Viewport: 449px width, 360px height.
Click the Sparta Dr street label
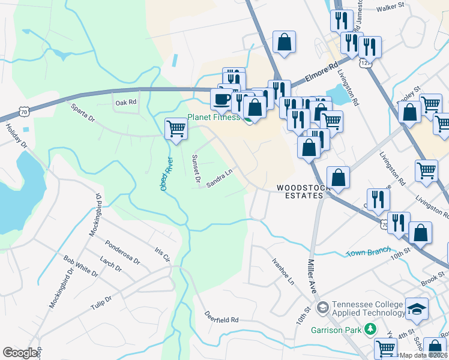click(x=83, y=114)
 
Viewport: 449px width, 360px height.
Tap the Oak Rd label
click(x=125, y=103)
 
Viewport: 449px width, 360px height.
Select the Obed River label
click(x=166, y=174)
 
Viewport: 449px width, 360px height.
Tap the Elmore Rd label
click(x=322, y=71)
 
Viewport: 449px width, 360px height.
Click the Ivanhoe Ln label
click(x=283, y=271)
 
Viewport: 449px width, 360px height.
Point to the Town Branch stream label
click(x=369, y=253)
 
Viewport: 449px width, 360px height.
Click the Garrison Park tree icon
click(x=371, y=329)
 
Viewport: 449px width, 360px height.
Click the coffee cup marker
click(x=221, y=98)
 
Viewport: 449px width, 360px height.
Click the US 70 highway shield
click(x=23, y=112)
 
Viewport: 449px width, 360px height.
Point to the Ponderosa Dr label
click(x=122, y=253)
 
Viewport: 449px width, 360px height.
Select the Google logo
click(x=20, y=353)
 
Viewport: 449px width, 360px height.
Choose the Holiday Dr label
click(x=16, y=136)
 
